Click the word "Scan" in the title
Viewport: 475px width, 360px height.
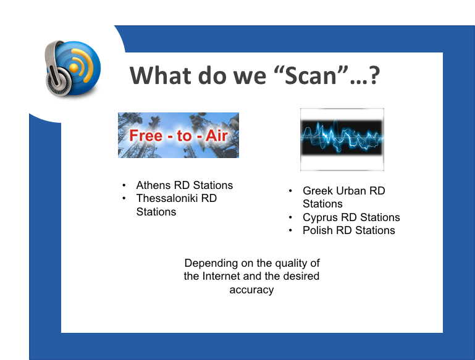tap(311, 76)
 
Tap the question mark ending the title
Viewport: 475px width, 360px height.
tap(374, 75)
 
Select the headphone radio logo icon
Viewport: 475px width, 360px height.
tap(72, 68)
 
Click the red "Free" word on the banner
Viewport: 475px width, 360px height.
tap(146, 135)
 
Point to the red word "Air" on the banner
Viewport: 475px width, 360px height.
tap(217, 135)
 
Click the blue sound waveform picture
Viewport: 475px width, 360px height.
tap(342, 140)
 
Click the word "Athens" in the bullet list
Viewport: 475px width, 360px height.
tap(153, 185)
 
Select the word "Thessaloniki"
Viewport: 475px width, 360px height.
tap(167, 198)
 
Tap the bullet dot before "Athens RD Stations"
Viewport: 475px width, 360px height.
tap(124, 185)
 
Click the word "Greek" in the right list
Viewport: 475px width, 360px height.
tap(317, 191)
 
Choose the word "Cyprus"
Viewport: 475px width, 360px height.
tap(320, 218)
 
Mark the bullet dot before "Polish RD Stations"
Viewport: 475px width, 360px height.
tap(290, 230)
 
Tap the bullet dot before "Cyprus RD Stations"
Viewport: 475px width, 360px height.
tap(290, 217)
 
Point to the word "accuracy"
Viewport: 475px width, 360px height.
tap(252, 290)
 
